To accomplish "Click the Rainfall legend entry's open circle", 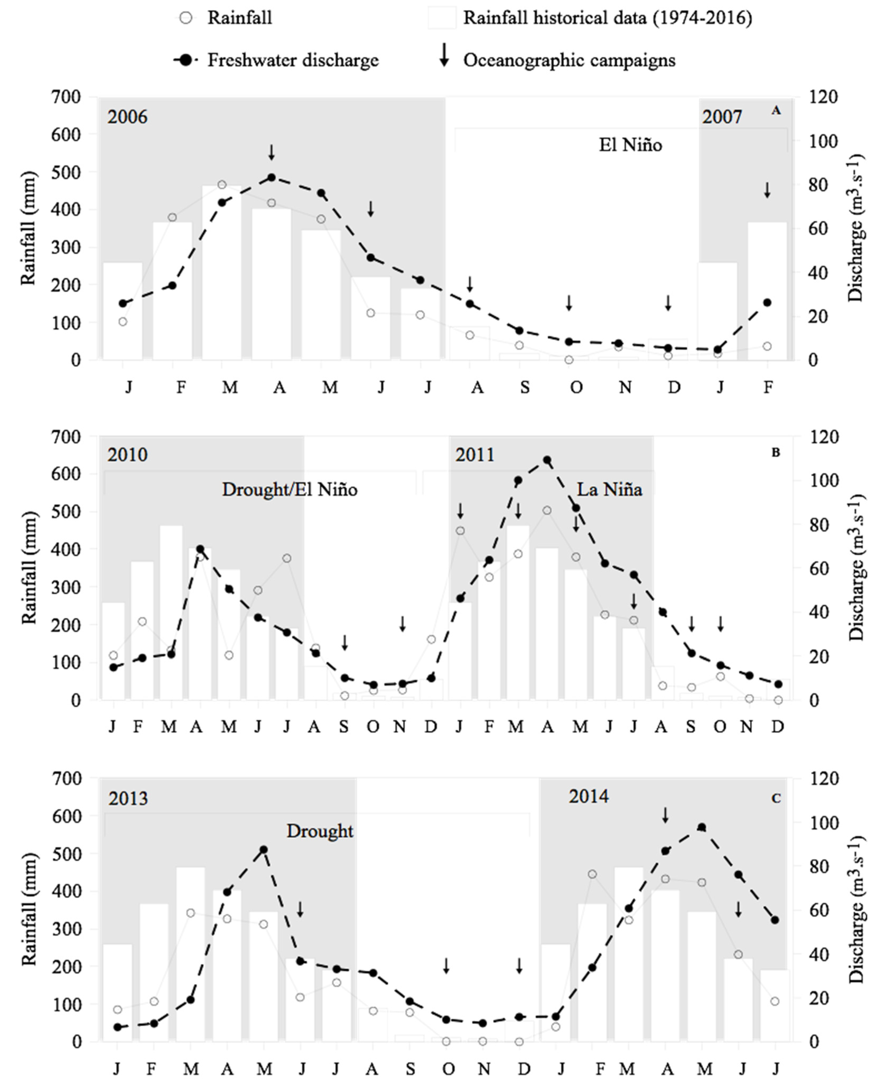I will pos(187,18).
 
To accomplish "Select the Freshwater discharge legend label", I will pos(293,60).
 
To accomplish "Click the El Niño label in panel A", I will pos(630,145).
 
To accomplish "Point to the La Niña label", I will pos(609,489).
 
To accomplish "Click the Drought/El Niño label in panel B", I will pos(289,489).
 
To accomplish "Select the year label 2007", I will pos(722,117).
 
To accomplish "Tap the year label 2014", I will pos(588,797).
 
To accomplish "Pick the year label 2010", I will pos(127,455).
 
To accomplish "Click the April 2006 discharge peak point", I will pos(271,178).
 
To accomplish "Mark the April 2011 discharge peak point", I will pos(547,460).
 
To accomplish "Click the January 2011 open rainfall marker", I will pos(461,531).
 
